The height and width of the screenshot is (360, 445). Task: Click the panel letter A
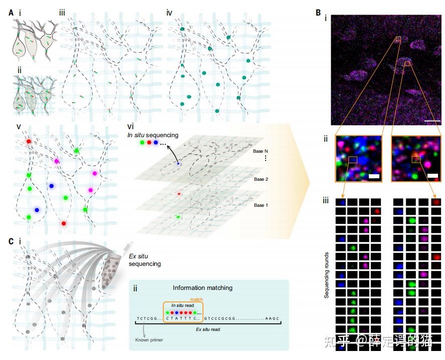(11, 13)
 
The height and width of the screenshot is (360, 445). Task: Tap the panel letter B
(318, 12)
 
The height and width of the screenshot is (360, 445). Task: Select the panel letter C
(11, 241)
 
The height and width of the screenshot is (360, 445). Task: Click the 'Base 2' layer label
(261, 178)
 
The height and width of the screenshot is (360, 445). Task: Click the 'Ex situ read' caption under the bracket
(207, 329)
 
